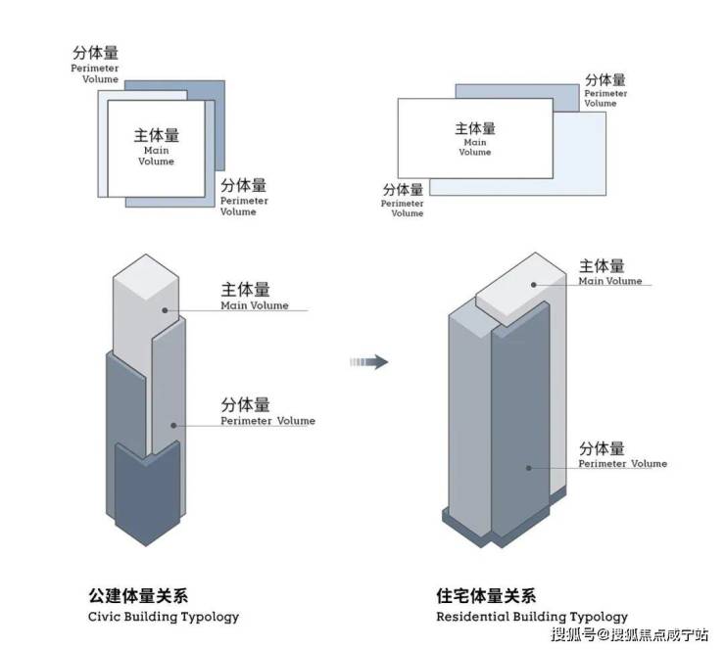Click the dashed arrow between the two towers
coord(369,362)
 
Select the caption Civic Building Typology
coord(164,617)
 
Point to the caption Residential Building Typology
coord(532,617)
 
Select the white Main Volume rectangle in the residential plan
coord(474,138)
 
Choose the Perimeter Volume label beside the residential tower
coord(621,455)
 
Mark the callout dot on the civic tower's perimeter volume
coord(173,425)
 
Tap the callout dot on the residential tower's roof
coord(534,285)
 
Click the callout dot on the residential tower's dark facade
coord(530,468)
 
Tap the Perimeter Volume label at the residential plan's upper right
coord(605,89)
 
